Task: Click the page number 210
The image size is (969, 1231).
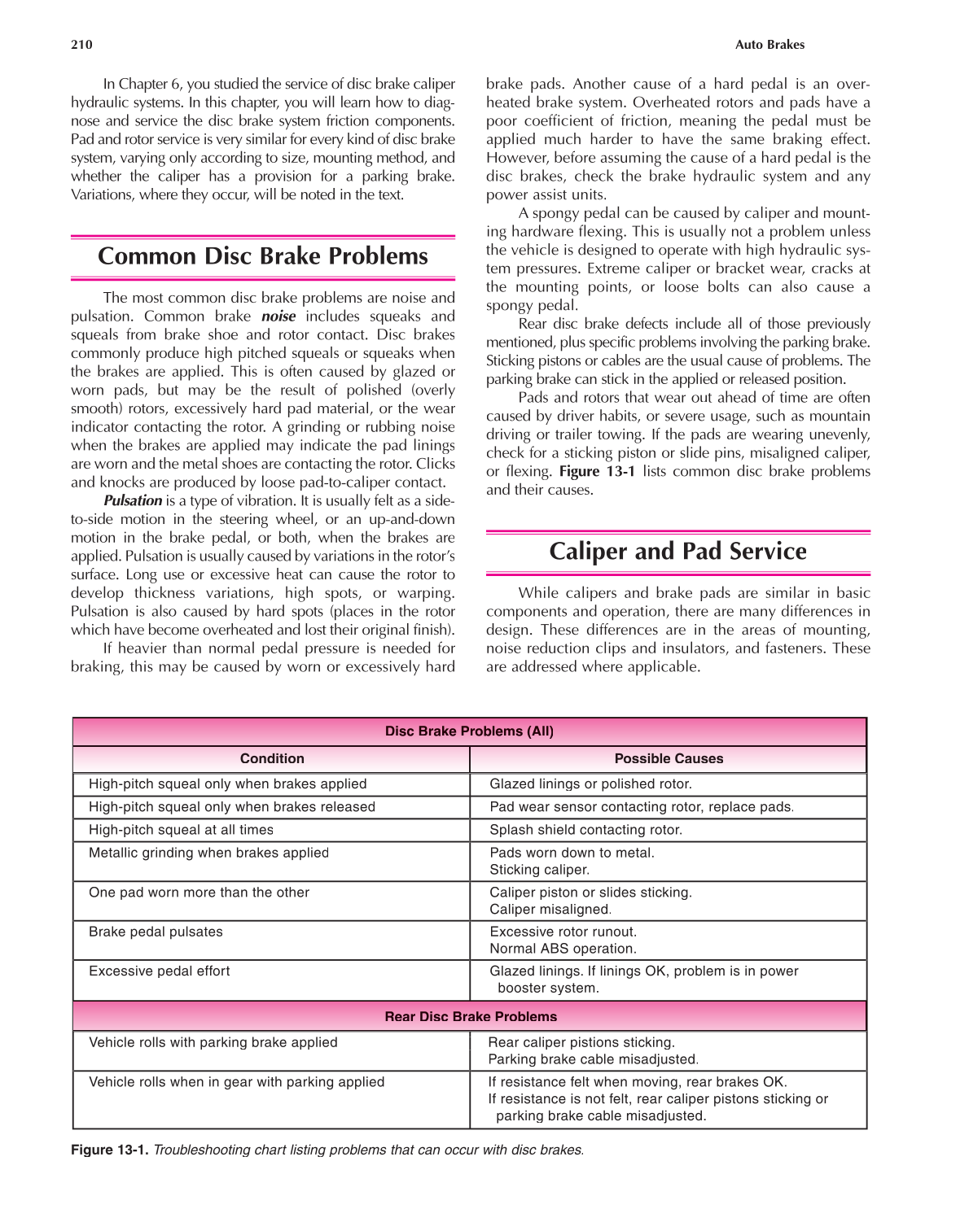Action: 81,45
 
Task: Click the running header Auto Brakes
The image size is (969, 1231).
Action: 769,45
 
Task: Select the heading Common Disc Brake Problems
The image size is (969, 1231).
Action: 262,256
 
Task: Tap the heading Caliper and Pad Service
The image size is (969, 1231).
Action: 677,552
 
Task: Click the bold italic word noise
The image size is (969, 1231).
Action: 278,316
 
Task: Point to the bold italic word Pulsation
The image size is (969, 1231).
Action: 133,501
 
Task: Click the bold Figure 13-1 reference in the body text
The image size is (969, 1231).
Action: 597,472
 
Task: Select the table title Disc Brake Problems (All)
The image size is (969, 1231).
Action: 469,731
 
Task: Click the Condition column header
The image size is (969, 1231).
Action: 272,758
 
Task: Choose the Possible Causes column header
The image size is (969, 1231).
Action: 669,758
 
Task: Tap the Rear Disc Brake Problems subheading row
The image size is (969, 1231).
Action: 471,1017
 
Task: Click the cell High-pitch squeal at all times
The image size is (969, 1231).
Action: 181,830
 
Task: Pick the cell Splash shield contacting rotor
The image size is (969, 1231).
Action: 585,830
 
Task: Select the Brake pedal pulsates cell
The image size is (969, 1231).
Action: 156,932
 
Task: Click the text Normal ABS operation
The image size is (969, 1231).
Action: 563,949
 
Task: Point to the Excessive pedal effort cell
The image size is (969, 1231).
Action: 159,971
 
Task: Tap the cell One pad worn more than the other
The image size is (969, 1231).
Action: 199,893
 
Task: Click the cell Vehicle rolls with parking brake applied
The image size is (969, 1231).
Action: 213,1043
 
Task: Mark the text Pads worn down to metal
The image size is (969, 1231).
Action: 572,853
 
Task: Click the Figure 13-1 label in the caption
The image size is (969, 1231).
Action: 109,1150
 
